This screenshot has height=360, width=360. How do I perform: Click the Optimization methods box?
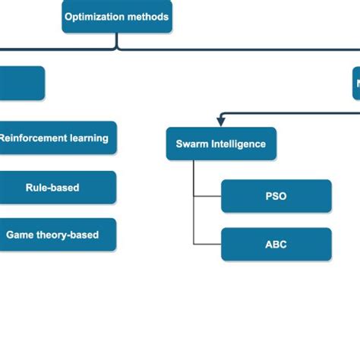click(x=117, y=17)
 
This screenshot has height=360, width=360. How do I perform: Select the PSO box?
click(x=276, y=196)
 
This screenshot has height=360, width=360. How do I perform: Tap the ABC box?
click(x=276, y=245)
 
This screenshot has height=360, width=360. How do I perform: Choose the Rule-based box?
click(x=53, y=187)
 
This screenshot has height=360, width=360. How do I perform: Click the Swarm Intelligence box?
click(x=221, y=144)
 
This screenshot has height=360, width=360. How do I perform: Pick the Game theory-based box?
click(x=53, y=235)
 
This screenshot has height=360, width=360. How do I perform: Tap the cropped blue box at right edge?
click(x=355, y=83)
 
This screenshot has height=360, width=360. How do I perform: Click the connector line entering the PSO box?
click(x=207, y=196)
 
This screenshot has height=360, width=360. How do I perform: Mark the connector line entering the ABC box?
click(x=207, y=245)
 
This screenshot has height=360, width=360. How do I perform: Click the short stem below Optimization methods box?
click(x=117, y=41)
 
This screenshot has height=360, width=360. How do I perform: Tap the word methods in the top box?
click(x=147, y=17)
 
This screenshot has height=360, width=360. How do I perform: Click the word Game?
click(x=19, y=235)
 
